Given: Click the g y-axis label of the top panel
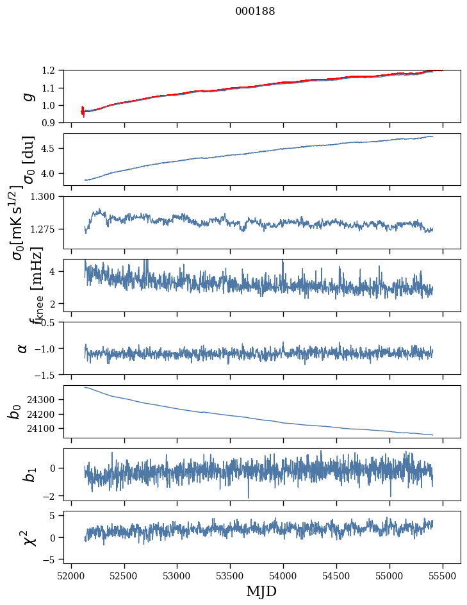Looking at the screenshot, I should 27,96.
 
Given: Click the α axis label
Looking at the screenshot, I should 23,348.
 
